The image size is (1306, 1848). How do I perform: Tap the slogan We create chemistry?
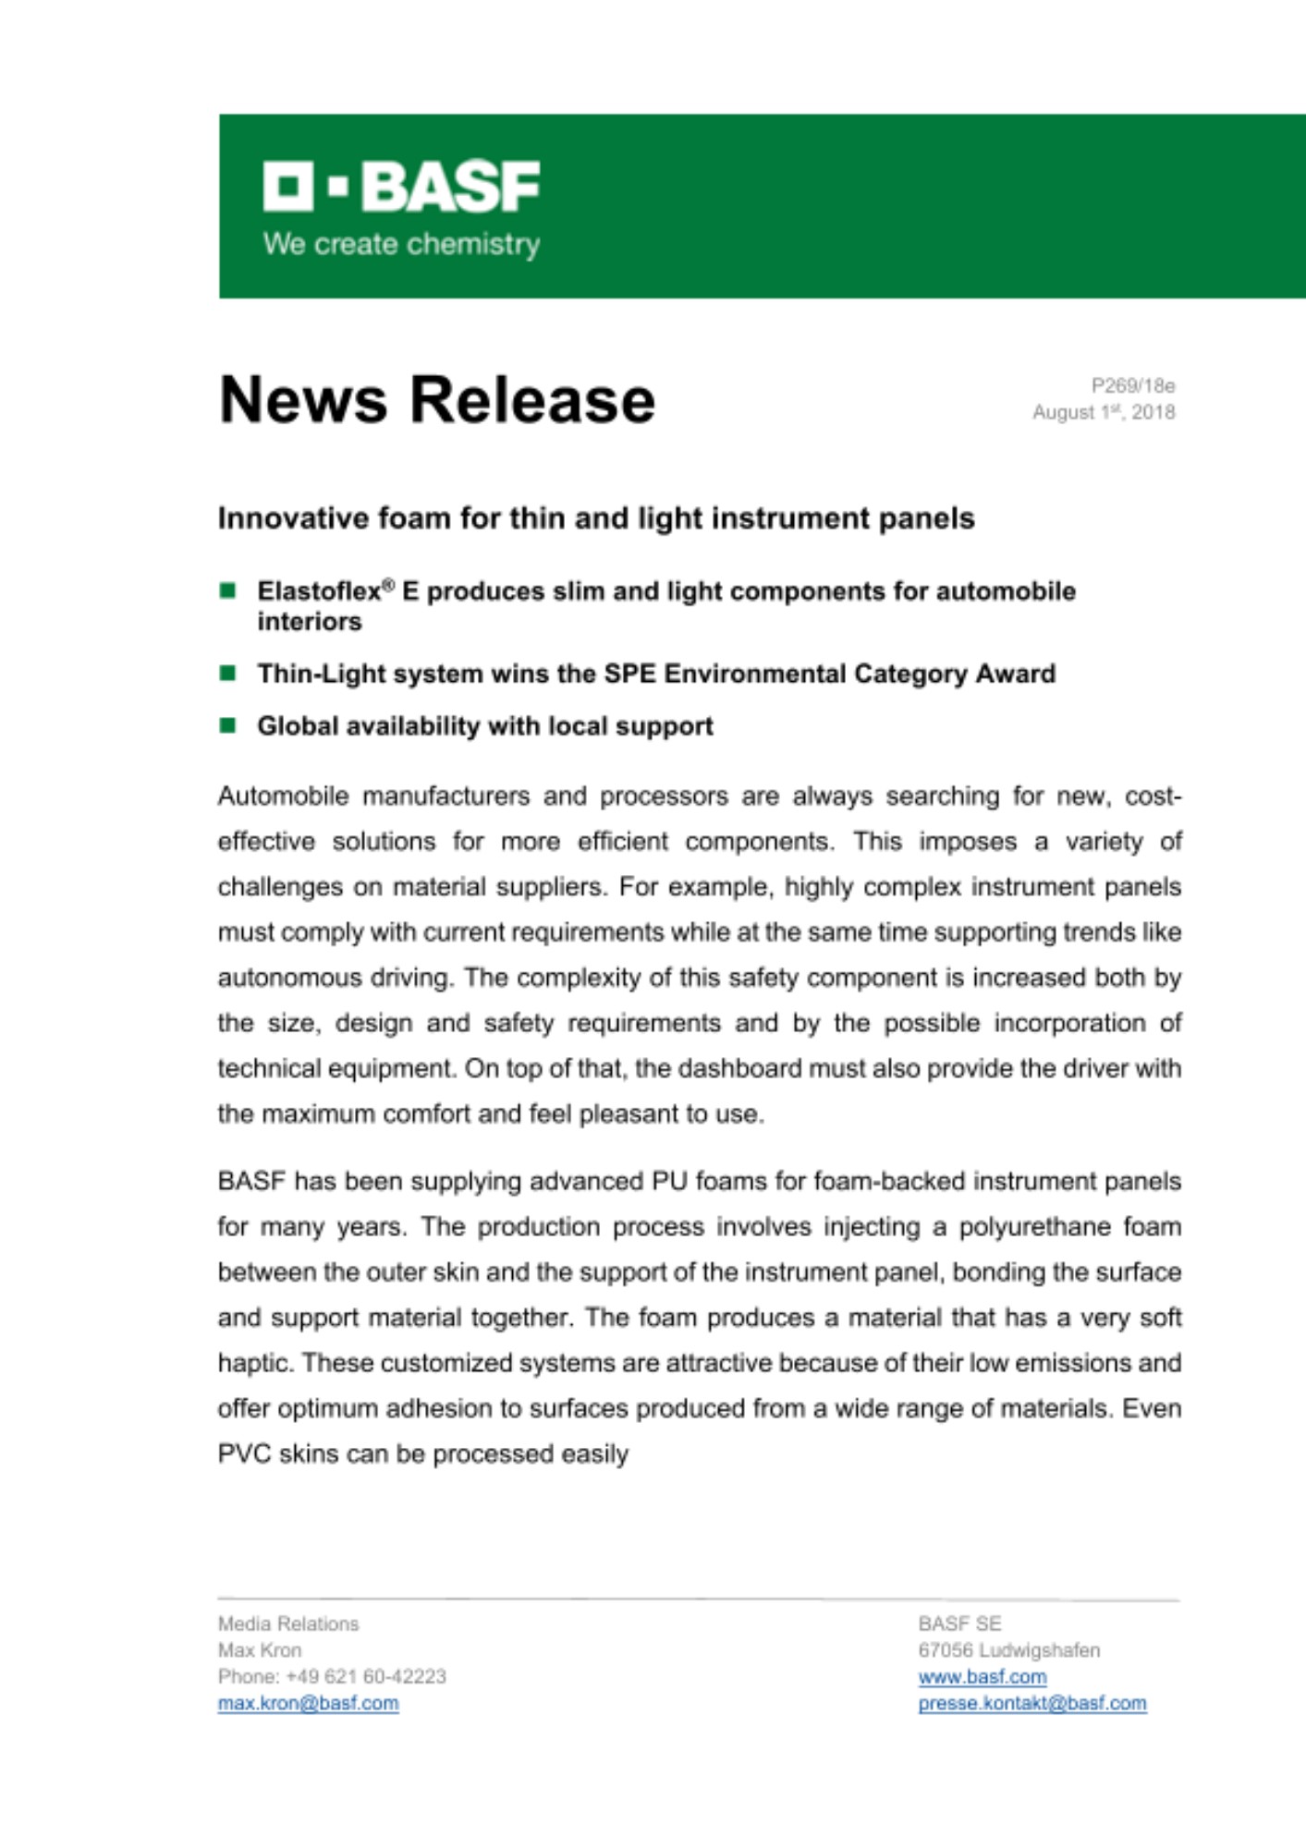click(x=401, y=244)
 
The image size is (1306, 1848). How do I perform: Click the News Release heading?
click(x=436, y=400)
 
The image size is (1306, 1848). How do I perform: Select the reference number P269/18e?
click(x=1132, y=385)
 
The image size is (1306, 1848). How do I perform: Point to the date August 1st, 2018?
click(x=1103, y=412)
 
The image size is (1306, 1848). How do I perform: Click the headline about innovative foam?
click(x=596, y=518)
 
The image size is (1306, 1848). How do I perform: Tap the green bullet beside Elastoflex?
click(x=227, y=590)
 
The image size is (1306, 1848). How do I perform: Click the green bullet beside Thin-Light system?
click(x=227, y=673)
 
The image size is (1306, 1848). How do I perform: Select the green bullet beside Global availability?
click(x=227, y=725)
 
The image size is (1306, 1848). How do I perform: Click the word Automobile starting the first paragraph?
click(x=283, y=796)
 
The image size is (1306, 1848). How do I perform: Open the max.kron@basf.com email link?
click(x=308, y=1703)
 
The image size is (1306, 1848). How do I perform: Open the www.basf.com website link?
click(x=982, y=1677)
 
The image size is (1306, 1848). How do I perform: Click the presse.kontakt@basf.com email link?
click(x=1031, y=1703)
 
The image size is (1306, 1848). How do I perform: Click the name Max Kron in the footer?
click(x=260, y=1650)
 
